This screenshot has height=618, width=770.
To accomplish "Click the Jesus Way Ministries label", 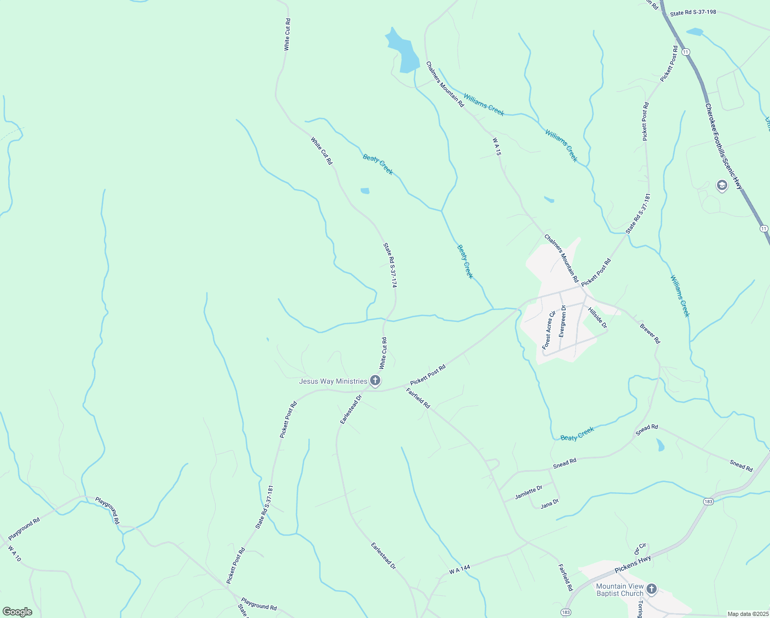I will click(333, 381).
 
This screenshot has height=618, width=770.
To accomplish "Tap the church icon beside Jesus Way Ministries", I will click(375, 381).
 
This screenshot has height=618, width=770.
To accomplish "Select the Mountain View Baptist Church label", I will click(620, 590).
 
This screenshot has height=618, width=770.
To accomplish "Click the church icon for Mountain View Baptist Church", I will click(652, 589).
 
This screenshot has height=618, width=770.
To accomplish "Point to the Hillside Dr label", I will click(598, 318).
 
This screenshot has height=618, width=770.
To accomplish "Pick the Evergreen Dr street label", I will click(563, 321).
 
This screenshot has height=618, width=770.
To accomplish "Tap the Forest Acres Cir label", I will click(549, 330).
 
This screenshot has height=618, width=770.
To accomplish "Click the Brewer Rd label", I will click(650, 334).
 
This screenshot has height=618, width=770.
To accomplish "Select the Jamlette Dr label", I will click(529, 492).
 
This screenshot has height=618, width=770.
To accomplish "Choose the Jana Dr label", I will click(550, 503).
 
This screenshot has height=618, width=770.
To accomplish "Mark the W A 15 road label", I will click(496, 147).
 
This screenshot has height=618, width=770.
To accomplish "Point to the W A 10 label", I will click(14, 554).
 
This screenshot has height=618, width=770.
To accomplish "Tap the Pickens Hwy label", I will click(633, 564).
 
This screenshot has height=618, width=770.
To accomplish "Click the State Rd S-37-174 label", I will click(391, 265).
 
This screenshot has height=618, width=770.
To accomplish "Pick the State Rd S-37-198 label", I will click(693, 13).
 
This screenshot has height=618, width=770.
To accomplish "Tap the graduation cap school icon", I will click(722, 185).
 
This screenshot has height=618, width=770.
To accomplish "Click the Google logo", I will click(17, 612).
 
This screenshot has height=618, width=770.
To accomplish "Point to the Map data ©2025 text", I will click(747, 614).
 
